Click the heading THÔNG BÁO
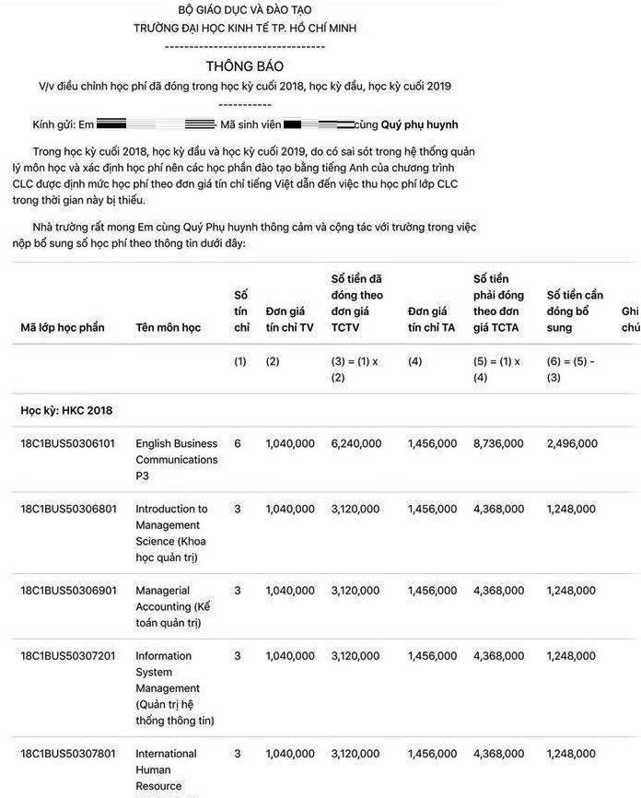pyautogui.click(x=244, y=66)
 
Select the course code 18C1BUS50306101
pyautogui.click(x=68, y=443)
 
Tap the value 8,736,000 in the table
pyautogui.click(x=497, y=443)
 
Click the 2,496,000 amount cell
pyautogui.click(x=572, y=443)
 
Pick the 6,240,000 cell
pyautogui.click(x=355, y=443)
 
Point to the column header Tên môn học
pyautogui.click(x=168, y=327)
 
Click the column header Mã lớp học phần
pyautogui.click(x=63, y=327)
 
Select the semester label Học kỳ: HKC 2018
pyautogui.click(x=66, y=410)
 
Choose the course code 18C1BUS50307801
pyautogui.click(x=68, y=754)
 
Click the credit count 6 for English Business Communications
pyautogui.click(x=238, y=443)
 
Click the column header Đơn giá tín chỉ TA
pyautogui.click(x=431, y=319)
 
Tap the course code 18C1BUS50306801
pyautogui.click(x=68, y=509)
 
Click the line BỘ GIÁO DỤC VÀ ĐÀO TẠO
pyautogui.click(x=244, y=10)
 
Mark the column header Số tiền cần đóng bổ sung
pyautogui.click(x=575, y=311)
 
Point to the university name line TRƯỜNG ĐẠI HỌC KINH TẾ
pyautogui.click(x=244, y=28)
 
